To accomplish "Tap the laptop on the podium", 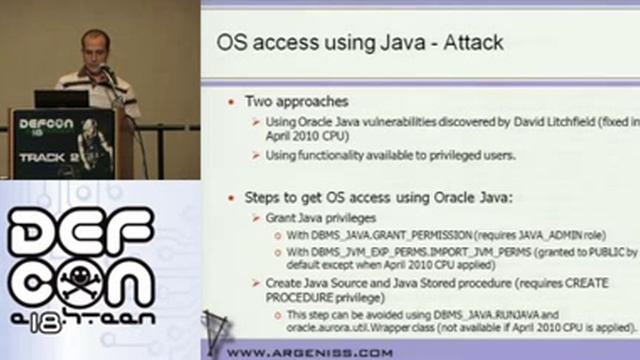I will [62, 99].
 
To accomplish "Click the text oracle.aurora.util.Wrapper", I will [343, 327].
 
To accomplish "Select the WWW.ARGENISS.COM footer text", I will [310, 351].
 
